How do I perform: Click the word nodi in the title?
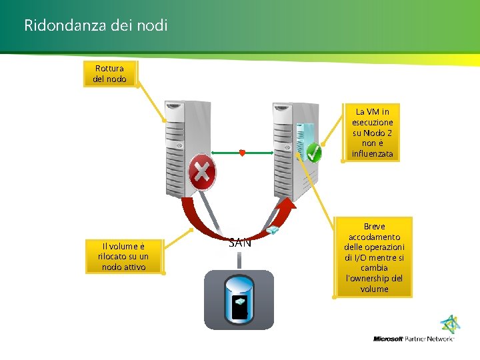click(x=153, y=25)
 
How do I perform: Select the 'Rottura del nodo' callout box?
click(x=109, y=73)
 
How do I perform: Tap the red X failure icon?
click(x=202, y=173)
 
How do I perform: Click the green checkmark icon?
click(x=313, y=153)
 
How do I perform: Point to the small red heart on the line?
click(x=242, y=153)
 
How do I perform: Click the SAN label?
click(x=240, y=243)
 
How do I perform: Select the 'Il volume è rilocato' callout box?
click(x=123, y=256)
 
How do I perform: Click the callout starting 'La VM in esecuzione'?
click(x=373, y=133)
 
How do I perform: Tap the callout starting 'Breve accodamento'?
click(x=374, y=257)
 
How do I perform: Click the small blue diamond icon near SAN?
click(x=272, y=231)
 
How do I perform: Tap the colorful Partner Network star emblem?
click(x=451, y=325)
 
